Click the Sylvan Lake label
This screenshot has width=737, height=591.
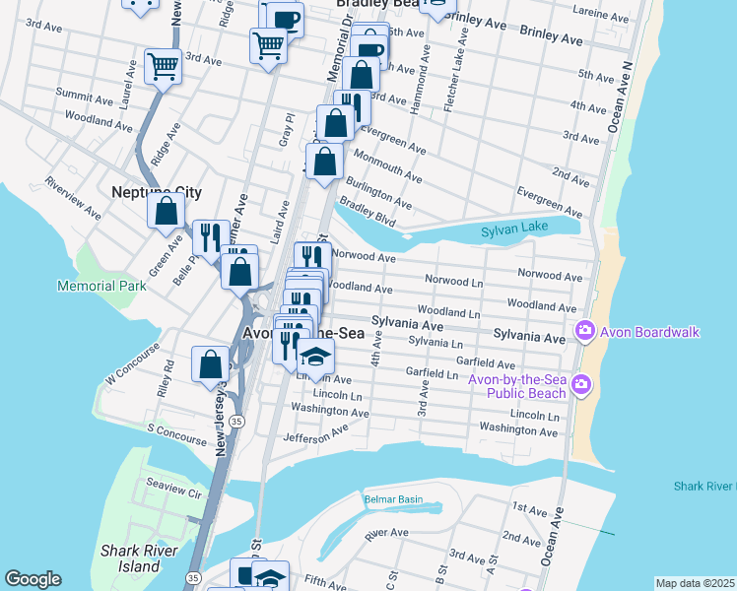coord(512,231)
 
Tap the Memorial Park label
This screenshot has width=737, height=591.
coord(101,286)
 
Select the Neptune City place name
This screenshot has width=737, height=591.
coord(157,191)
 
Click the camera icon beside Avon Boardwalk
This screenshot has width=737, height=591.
coord(584,331)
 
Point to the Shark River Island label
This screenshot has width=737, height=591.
coord(129,558)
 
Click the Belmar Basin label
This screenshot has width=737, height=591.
coord(393,499)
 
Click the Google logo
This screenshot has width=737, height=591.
coord(33,579)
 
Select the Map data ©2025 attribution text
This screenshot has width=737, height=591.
coord(694,583)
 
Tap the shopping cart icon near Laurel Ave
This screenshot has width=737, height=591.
coord(163,67)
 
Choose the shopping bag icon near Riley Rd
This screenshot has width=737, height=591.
coord(211,363)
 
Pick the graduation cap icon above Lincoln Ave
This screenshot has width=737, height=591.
coord(315,356)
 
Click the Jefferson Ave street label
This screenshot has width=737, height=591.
coord(315,433)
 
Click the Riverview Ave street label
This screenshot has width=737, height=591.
coord(73,195)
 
